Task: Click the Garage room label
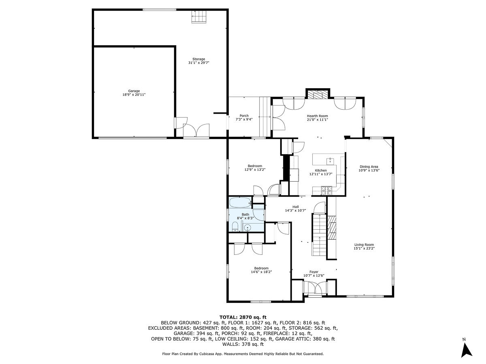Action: click(x=134, y=93)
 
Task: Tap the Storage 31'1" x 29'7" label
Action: click(x=198, y=61)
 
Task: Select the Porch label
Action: click(x=244, y=118)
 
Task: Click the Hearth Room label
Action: click(x=317, y=118)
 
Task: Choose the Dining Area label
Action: click(x=369, y=168)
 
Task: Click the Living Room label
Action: click(x=364, y=246)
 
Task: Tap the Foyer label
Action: click(x=314, y=273)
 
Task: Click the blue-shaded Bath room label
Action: click(x=245, y=216)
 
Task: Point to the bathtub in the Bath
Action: click(x=241, y=202)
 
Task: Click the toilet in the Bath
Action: click(x=235, y=226)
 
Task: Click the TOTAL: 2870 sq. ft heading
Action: click(x=243, y=317)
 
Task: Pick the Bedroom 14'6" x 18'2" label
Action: click(x=261, y=270)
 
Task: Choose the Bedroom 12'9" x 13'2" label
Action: click(x=255, y=168)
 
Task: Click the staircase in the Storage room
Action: click(x=199, y=17)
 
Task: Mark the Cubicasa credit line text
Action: click(x=243, y=354)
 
